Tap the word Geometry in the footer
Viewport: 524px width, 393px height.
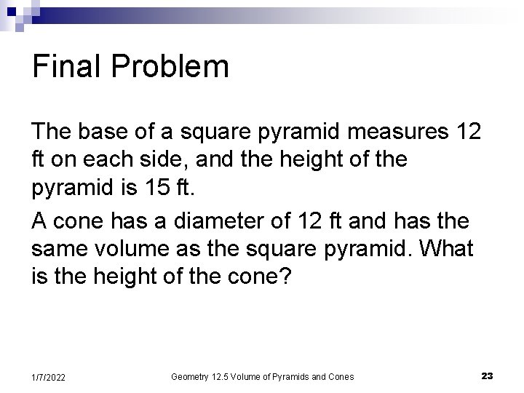[190, 376]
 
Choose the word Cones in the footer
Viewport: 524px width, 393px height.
[339, 376]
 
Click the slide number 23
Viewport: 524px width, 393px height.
[488, 376]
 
